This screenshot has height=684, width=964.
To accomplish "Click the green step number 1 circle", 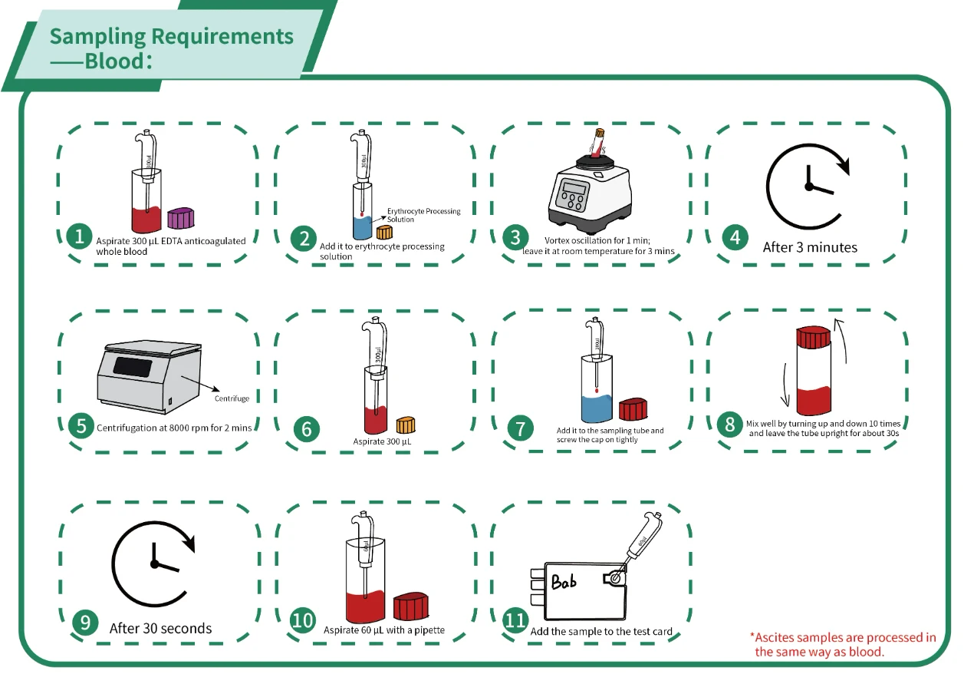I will point(79,236).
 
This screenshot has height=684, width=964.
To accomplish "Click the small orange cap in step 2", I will point(383,232).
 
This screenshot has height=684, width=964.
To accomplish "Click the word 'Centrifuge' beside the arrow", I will point(232,398).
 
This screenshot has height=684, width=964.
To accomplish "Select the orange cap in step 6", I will point(405,424).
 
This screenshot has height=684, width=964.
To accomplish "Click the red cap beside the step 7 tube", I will point(634,410).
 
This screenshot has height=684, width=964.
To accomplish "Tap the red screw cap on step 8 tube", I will point(814,337).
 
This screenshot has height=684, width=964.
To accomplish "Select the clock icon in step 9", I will point(154,563).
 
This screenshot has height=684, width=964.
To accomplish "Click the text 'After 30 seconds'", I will point(160,628).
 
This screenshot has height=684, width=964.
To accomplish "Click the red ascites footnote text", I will point(844,644).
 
